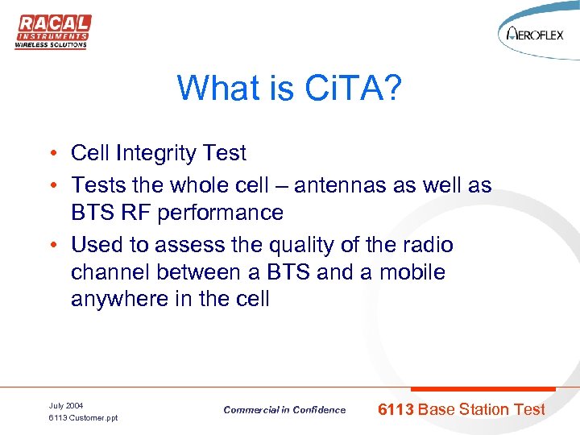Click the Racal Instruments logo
(53, 31)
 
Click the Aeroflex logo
(537, 33)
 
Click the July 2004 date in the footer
(66, 404)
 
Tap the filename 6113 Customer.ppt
(83, 417)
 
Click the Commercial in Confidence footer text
(284, 410)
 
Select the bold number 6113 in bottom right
(396, 409)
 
